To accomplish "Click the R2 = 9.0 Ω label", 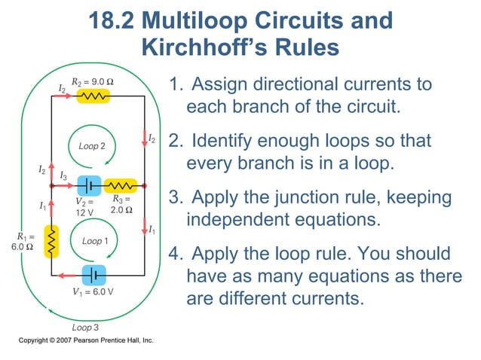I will point(93,81).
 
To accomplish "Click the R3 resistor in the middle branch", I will point(121,185).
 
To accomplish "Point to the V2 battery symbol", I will point(90,185).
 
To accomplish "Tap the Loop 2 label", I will point(92,146).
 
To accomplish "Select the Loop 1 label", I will point(96,242).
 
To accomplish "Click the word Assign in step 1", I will point(219,84).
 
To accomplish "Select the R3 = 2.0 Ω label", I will point(121,204).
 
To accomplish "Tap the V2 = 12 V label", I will point(84,207).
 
